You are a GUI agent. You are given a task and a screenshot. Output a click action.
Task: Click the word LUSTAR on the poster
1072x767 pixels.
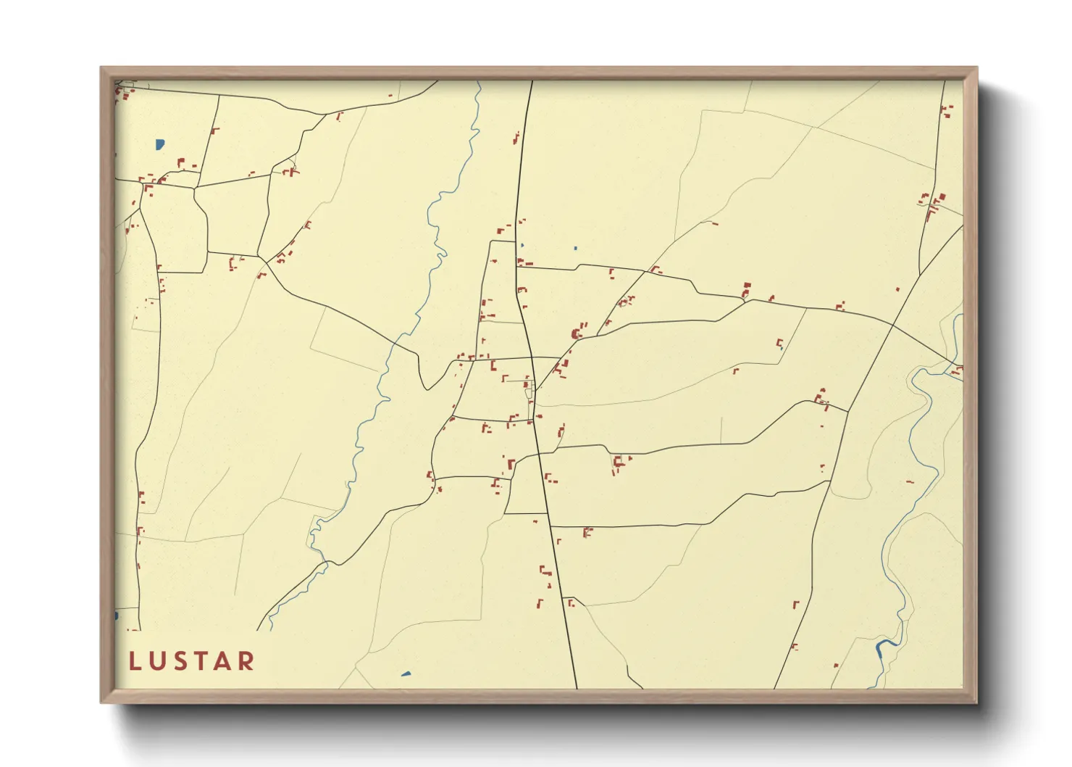point(192,661)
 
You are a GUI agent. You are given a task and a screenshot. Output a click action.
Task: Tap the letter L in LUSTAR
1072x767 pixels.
point(134,661)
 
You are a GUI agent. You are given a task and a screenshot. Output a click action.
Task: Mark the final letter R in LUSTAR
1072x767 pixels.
point(246,661)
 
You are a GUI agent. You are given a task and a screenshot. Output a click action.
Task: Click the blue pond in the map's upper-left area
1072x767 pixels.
point(159,144)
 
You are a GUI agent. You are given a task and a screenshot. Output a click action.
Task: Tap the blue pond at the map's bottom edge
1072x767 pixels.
point(406,674)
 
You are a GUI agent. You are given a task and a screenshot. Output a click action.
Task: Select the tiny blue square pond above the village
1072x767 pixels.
point(575,249)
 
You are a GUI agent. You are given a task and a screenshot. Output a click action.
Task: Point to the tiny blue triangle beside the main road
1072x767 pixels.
point(522,245)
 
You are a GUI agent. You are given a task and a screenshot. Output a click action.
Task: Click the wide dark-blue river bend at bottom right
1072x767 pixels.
point(884,644)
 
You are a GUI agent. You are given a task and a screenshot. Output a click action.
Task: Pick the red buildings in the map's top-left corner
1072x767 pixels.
point(124,94)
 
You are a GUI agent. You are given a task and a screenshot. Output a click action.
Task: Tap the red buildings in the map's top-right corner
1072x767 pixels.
point(946,111)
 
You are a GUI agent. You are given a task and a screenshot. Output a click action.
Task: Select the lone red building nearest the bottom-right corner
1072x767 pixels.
point(836,665)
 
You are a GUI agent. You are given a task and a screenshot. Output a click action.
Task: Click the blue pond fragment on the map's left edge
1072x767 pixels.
point(116,616)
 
